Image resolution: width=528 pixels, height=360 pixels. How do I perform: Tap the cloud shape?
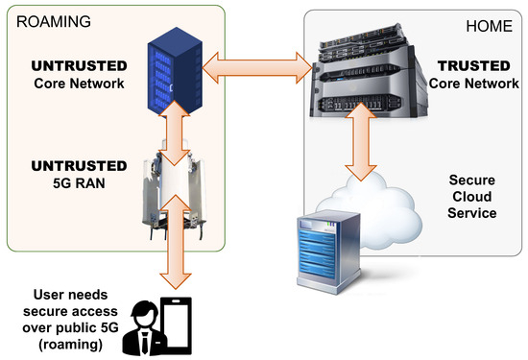pos(384,206)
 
